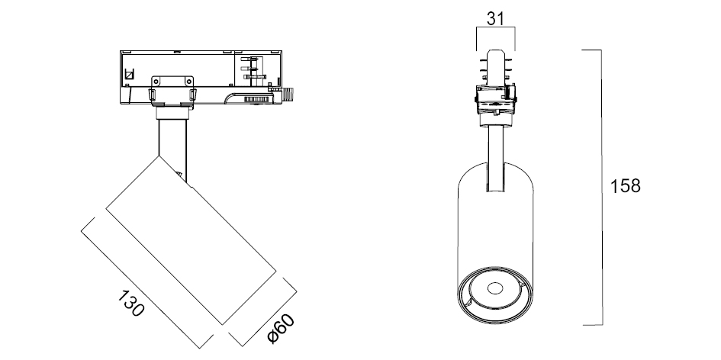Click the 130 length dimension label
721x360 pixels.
[x=131, y=304]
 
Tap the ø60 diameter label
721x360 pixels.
[x=281, y=329]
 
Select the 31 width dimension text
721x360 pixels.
[x=495, y=19]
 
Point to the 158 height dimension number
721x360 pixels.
[x=625, y=186]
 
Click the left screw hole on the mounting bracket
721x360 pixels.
[x=156, y=81]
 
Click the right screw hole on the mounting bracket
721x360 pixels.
[x=188, y=81]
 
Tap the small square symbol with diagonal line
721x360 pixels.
[x=129, y=73]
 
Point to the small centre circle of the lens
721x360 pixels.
[x=494, y=288]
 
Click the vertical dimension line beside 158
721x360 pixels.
[x=601, y=187]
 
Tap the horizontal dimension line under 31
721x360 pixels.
[x=495, y=27]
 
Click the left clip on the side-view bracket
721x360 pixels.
[x=151, y=95]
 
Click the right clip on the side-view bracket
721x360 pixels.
[x=193, y=95]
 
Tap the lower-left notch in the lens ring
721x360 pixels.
[x=468, y=303]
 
